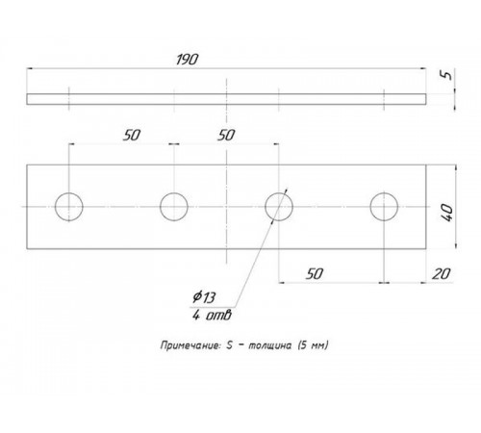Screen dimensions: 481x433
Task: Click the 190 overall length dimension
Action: point(187,60)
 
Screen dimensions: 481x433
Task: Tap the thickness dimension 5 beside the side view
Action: point(447,75)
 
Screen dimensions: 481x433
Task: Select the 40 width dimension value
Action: point(447,213)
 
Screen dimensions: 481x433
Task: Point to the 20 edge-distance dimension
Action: point(441,274)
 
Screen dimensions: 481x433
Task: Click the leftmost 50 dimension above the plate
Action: point(132,136)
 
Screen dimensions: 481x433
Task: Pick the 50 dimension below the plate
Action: point(315,274)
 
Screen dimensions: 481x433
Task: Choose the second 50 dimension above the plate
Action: point(226,136)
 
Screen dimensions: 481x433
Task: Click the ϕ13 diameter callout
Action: point(204,297)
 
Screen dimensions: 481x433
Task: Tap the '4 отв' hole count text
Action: point(212,316)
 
